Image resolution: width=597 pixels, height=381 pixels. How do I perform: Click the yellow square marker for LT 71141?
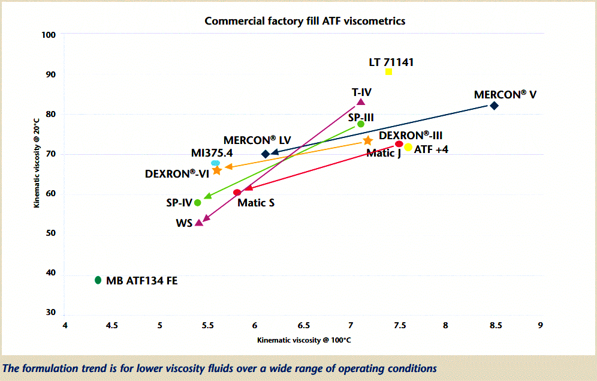point(388,72)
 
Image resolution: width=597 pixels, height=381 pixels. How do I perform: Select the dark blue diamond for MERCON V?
point(494,106)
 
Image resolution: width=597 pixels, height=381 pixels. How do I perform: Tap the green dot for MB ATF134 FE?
point(98,280)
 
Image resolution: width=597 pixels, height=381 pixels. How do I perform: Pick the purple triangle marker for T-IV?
point(361,102)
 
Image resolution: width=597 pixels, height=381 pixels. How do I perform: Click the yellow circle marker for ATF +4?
point(408,148)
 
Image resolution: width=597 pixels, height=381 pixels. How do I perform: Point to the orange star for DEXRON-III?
point(368,140)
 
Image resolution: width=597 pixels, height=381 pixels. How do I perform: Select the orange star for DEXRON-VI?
point(217,170)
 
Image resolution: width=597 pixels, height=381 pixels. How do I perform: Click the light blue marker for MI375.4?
point(215,163)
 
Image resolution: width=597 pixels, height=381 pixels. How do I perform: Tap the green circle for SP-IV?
point(198,203)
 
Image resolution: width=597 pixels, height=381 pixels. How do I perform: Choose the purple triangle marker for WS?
point(199,223)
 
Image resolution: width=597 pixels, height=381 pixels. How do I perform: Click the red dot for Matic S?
point(237,193)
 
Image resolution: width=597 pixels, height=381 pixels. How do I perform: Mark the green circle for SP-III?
point(361,124)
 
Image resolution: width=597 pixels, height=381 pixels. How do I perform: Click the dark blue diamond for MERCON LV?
point(266,154)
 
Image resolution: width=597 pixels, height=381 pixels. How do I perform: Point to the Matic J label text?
point(384,154)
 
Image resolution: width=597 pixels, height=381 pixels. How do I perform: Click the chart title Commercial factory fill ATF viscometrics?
point(304,21)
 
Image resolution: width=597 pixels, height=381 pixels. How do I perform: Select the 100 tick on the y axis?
point(49,35)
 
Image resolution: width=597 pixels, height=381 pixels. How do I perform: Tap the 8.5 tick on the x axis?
point(495,326)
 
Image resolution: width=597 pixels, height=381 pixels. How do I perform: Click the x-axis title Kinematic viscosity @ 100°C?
point(304,340)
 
